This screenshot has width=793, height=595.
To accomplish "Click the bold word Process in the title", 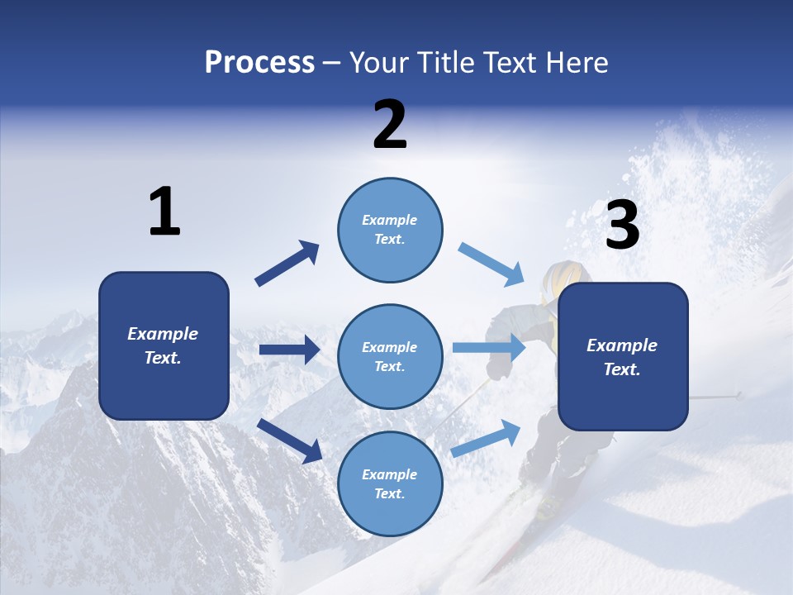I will click(259, 63).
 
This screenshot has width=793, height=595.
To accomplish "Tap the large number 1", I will click(164, 212).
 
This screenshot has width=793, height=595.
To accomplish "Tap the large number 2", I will click(390, 125).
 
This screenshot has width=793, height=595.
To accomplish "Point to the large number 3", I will click(622, 226).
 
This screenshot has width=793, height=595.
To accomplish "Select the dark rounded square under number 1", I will click(164, 345).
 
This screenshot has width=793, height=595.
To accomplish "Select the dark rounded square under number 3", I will click(623, 356).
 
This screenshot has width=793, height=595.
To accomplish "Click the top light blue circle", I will click(390, 230).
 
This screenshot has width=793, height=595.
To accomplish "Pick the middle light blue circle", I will click(390, 356).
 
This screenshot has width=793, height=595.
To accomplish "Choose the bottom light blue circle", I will click(390, 483).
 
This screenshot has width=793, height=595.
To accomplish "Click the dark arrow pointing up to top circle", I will click(287, 264).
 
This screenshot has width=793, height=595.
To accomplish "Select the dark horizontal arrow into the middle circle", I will click(289, 350).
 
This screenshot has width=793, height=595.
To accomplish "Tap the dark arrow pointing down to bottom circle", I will click(289, 440).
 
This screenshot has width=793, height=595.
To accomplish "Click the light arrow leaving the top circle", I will click(491, 264).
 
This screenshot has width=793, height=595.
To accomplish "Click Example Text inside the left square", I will click(163, 345).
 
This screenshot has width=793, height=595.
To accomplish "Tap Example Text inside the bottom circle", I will click(390, 483).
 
